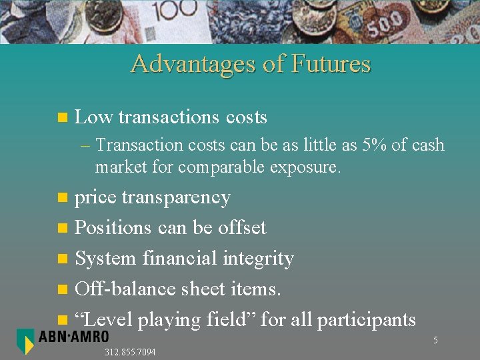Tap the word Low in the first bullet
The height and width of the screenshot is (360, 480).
tap(93, 117)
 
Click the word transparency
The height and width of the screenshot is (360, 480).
tap(176, 197)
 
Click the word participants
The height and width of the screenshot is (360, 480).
tap(366, 320)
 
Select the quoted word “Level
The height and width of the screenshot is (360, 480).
tap(103, 319)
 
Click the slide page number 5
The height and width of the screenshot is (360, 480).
tap(435, 341)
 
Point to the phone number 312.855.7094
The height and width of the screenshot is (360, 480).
tap(130, 352)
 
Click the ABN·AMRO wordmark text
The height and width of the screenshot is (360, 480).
tap(73, 338)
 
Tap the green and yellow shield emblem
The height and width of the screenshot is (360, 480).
tap(25, 341)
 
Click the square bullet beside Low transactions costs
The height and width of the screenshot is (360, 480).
tap(63, 118)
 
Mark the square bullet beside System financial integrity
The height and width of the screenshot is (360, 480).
tap(63, 259)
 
